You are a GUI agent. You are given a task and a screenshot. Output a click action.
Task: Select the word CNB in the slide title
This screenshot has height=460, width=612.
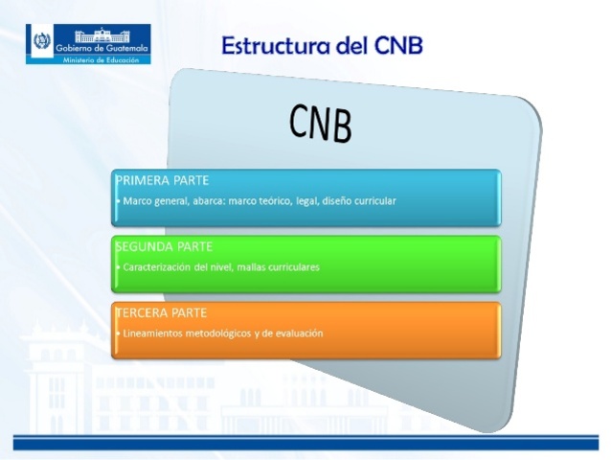coord(393,45)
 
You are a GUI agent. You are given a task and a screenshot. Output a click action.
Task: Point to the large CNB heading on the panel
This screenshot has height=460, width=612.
coord(321,123)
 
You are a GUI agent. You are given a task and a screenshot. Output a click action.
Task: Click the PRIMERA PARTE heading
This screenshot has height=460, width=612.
coord(162,180)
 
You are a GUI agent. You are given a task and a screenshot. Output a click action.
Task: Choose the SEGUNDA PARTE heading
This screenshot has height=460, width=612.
coord(162,247)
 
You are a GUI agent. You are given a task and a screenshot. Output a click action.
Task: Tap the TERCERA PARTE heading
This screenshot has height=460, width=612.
coord(160,312)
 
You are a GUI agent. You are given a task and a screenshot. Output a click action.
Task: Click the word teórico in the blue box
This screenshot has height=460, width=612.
coord(284,201)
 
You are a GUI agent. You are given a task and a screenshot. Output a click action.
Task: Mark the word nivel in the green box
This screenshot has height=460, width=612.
coord(219,267)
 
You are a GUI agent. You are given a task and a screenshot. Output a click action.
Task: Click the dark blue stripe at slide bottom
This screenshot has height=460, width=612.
coord(306,444)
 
